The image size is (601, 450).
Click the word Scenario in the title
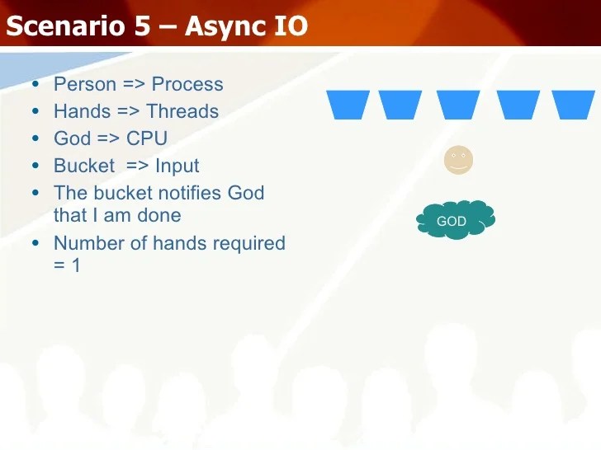[x=65, y=26]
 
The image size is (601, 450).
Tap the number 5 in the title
[x=142, y=26]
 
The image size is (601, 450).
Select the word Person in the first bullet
[x=84, y=84]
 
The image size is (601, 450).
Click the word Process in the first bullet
[x=187, y=84]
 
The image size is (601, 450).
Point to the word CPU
[x=146, y=138]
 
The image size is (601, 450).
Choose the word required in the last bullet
[x=248, y=243]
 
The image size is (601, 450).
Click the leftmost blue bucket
[x=348, y=105]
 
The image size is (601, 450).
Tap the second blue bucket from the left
[x=400, y=105]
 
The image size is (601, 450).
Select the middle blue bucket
[x=458, y=105]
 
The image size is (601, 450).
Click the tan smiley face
[x=458, y=160]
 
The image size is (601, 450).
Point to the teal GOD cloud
[x=457, y=220]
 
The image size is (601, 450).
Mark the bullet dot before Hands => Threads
[x=33, y=112]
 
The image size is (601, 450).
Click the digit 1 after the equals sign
[x=76, y=265]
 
